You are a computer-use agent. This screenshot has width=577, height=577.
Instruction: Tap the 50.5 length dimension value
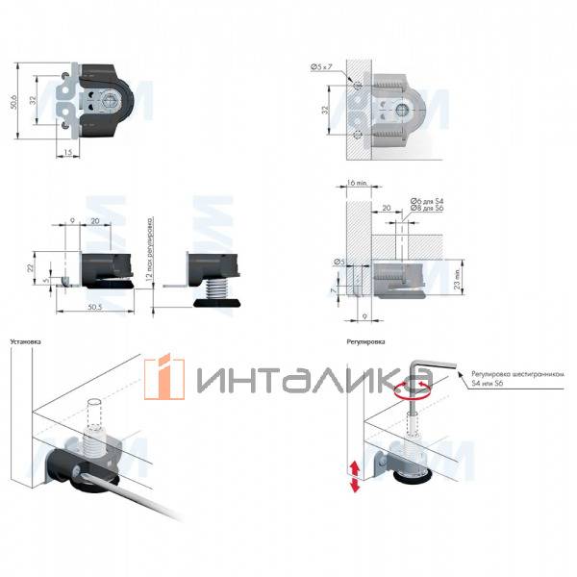tap(95, 307)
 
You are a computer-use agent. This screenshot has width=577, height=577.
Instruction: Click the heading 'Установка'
tap(25, 341)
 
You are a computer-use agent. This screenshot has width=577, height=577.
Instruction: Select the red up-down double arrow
tap(356, 475)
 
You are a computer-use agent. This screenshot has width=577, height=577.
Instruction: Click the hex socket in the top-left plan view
tap(109, 99)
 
